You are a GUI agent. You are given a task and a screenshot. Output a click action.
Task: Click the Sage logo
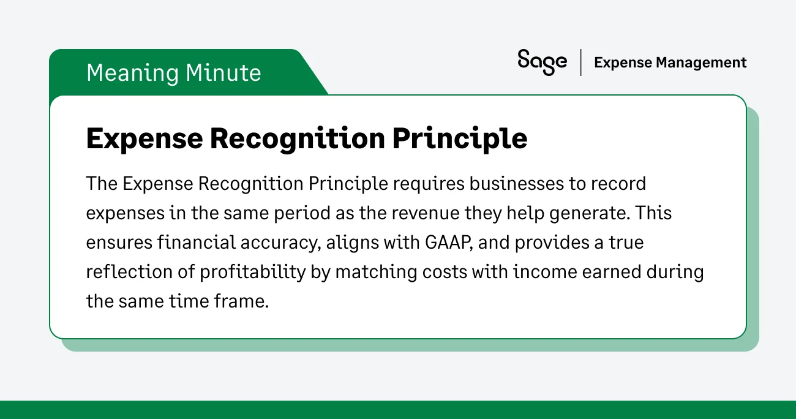542,62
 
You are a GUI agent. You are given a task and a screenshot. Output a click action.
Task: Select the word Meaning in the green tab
132,73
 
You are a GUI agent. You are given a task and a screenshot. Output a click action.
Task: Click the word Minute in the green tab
223,73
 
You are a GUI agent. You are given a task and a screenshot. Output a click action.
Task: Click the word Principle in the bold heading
460,139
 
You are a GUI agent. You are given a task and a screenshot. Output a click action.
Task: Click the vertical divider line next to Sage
580,62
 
